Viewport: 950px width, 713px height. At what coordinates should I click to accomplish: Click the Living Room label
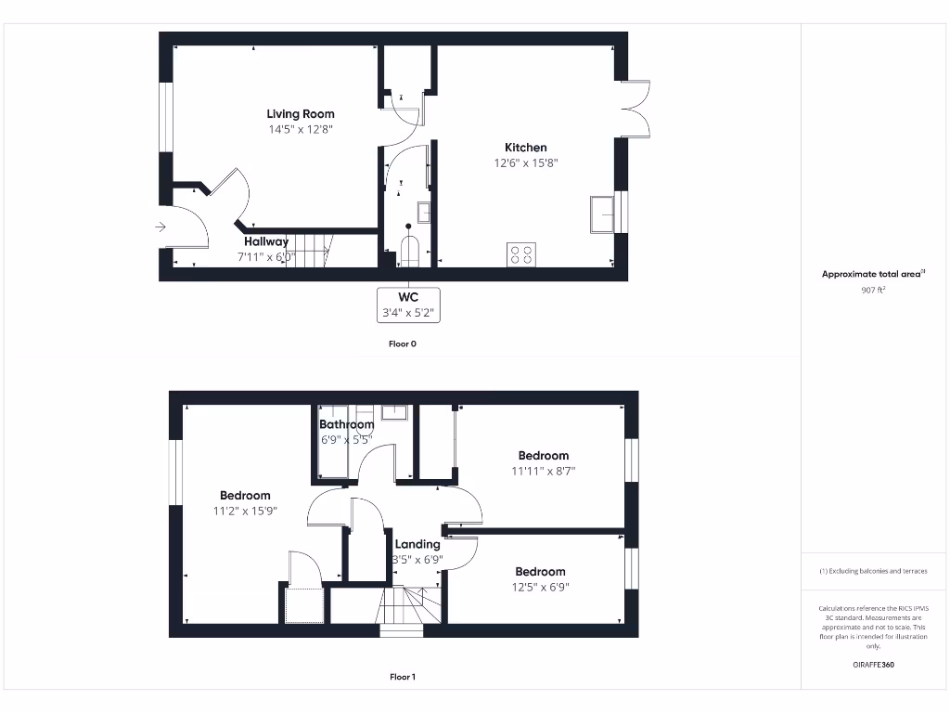coord(301,114)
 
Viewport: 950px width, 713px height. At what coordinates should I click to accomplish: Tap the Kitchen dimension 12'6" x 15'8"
coord(526,163)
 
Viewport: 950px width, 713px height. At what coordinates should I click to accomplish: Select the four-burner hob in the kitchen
coord(521,253)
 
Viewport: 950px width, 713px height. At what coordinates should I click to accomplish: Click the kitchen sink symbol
coord(602,214)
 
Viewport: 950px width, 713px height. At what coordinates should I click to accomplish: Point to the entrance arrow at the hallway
coord(160,226)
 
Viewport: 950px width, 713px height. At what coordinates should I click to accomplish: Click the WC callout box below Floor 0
coord(408,305)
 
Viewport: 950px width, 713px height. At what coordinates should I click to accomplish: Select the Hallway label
coord(266,241)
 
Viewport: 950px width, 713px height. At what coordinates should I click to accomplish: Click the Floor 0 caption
coord(403,344)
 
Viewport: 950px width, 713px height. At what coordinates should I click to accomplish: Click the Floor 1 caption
coord(403,677)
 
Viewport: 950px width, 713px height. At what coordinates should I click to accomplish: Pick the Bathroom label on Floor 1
coord(347,424)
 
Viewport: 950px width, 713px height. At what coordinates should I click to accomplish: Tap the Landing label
coord(417,544)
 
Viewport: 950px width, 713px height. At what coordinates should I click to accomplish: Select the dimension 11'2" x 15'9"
coord(246,511)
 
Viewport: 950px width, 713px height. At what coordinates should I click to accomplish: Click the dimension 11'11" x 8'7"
coord(544,471)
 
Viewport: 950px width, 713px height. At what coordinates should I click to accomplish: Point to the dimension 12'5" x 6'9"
coord(540,587)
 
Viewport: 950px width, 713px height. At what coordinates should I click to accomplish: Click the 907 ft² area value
coord(873,290)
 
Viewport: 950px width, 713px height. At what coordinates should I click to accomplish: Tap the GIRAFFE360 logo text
coord(873,665)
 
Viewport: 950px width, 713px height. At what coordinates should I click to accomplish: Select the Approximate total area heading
coord(872,274)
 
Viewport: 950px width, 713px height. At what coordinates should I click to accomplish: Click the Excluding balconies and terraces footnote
coord(873,571)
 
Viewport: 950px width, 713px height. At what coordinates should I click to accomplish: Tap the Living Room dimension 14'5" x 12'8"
coord(301,130)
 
